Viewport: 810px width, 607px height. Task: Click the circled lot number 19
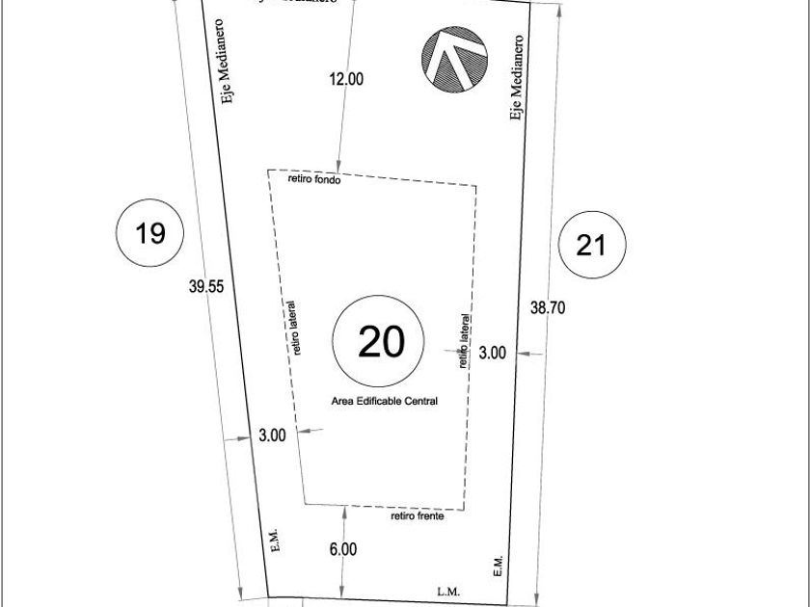[x=150, y=232]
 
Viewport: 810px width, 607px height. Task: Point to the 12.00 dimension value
[x=346, y=80]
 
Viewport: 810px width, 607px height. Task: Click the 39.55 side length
[x=206, y=286]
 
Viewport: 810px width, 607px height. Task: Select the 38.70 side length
[x=548, y=307]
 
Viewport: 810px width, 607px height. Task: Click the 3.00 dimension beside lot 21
[x=492, y=354]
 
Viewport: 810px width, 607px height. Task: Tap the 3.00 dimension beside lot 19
[x=272, y=435]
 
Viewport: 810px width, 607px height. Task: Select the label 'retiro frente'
[x=418, y=516]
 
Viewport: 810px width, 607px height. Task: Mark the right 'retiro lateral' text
[x=464, y=341]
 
